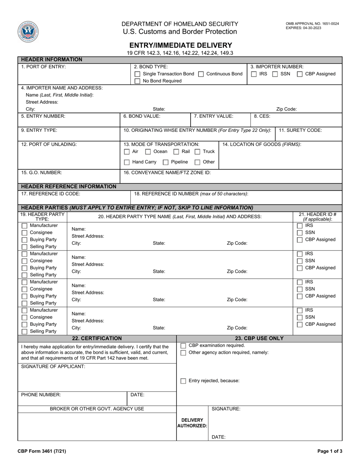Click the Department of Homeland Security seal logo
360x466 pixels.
(28, 31)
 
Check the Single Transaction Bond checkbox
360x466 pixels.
(138, 74)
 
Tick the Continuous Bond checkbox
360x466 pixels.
(201, 74)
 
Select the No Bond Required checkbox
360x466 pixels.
(138, 81)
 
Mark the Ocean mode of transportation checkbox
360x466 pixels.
(148, 152)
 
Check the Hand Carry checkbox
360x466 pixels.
(127, 162)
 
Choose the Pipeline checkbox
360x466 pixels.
(166, 162)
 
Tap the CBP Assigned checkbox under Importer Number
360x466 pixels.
(300, 74)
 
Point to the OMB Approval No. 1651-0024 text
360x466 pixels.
(312, 23)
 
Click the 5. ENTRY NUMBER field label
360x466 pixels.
(43, 116)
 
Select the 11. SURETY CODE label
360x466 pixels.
(300, 130)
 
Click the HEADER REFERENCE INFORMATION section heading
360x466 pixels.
(69, 186)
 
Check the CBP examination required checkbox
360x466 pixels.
(183, 346)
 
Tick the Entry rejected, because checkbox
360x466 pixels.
(183, 381)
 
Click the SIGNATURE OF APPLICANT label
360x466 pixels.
(53, 366)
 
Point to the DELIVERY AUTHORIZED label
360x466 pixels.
(192, 423)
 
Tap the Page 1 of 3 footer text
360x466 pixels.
(329, 451)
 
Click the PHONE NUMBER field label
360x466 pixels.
(41, 395)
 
